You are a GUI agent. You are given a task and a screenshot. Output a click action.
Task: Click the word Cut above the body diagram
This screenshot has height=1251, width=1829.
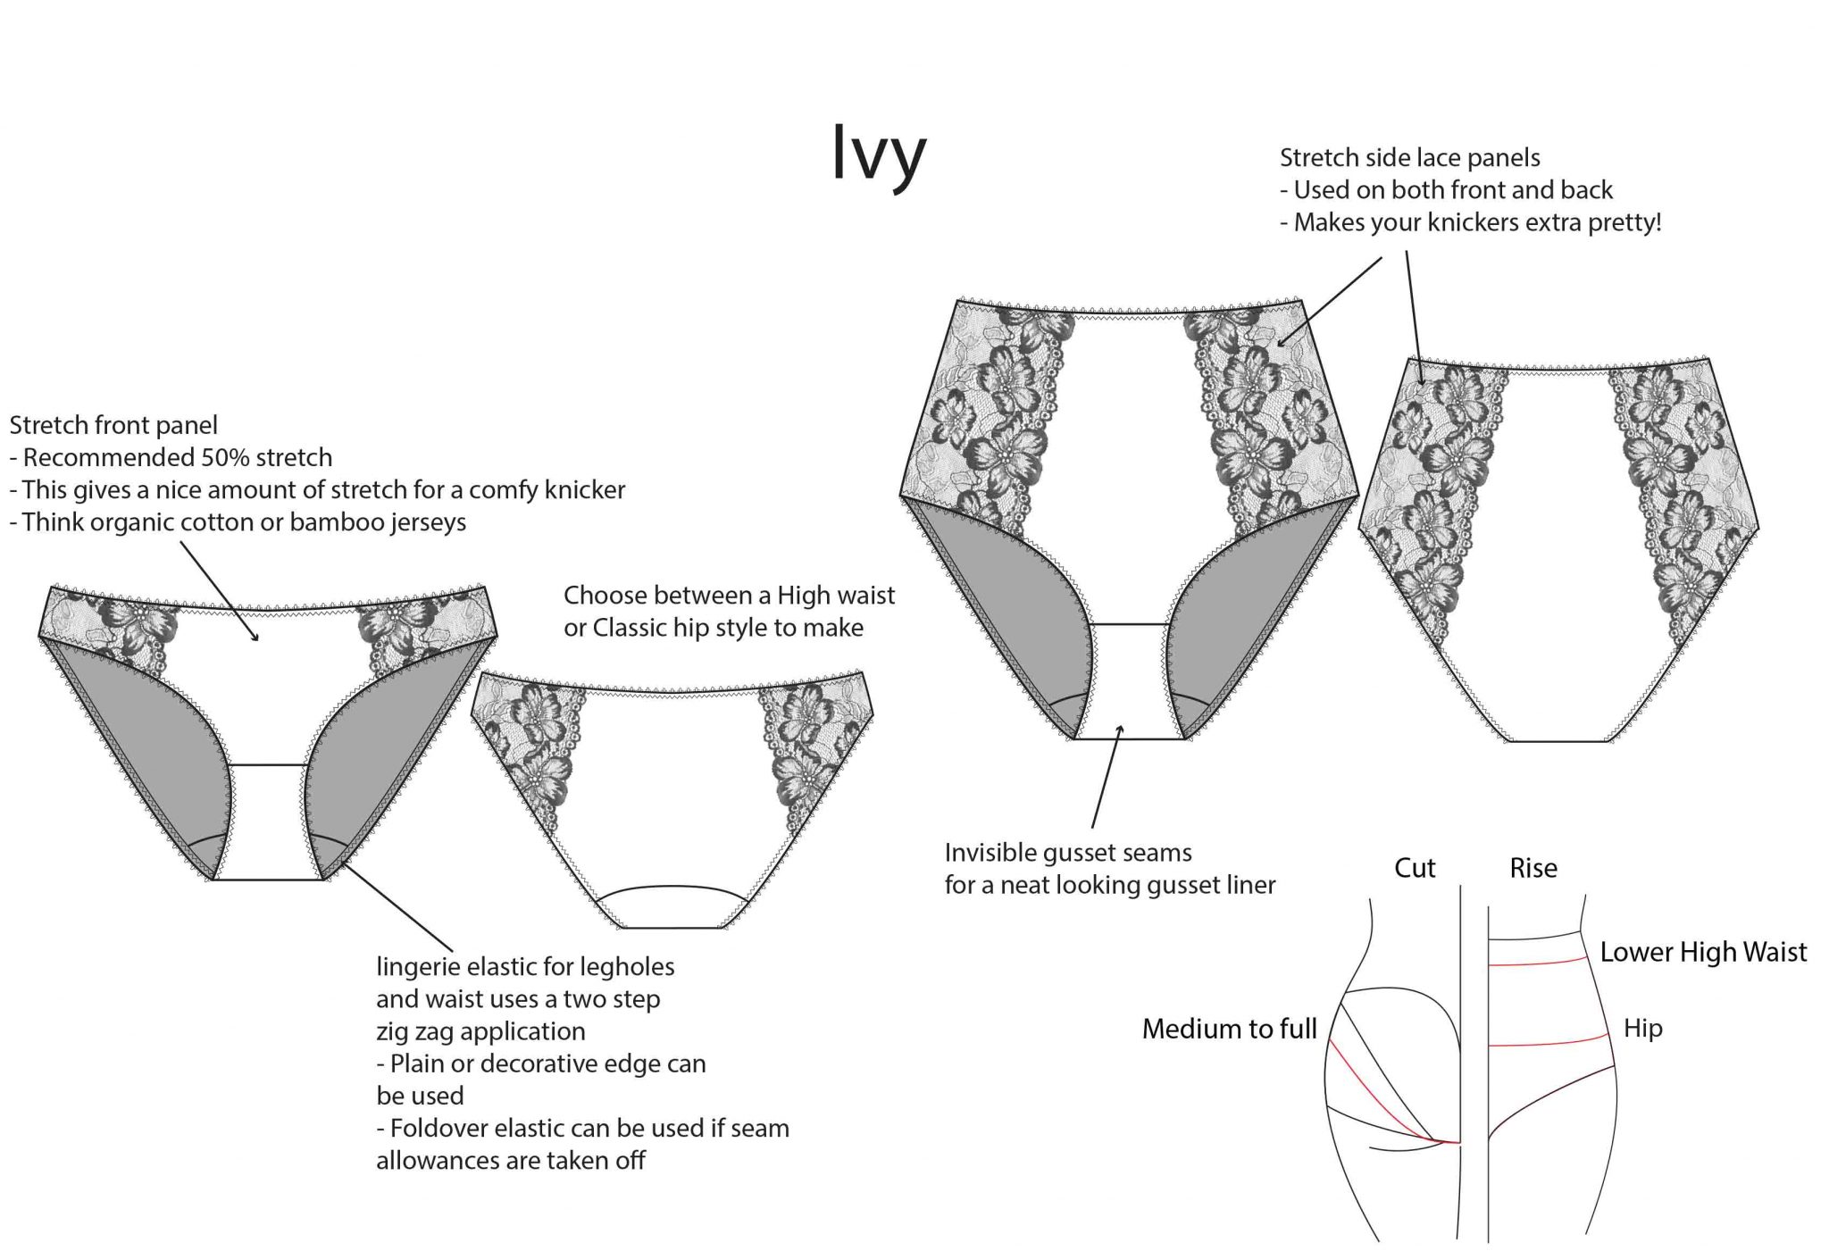[1415, 868]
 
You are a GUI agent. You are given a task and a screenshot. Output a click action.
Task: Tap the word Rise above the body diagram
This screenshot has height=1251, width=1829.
[1533, 868]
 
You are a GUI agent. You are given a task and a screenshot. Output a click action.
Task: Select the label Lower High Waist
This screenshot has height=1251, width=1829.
[1702, 952]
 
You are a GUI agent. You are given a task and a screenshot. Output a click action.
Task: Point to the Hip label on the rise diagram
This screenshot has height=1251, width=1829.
[1642, 1029]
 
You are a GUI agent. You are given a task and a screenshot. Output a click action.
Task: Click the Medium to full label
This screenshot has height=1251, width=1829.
[1229, 1029]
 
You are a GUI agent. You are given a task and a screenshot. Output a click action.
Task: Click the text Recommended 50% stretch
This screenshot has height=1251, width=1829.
[177, 457]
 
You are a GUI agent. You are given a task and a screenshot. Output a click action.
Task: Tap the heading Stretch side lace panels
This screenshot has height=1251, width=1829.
[1409, 157]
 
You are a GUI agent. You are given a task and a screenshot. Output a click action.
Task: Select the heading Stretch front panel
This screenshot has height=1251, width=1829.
[113, 425]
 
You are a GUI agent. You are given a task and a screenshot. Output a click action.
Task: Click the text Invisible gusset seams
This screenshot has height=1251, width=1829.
[1067, 853]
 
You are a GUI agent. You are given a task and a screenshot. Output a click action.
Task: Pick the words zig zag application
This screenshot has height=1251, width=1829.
[480, 1031]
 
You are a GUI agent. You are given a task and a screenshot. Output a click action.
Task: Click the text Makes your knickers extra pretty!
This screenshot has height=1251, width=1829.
[1477, 221]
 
